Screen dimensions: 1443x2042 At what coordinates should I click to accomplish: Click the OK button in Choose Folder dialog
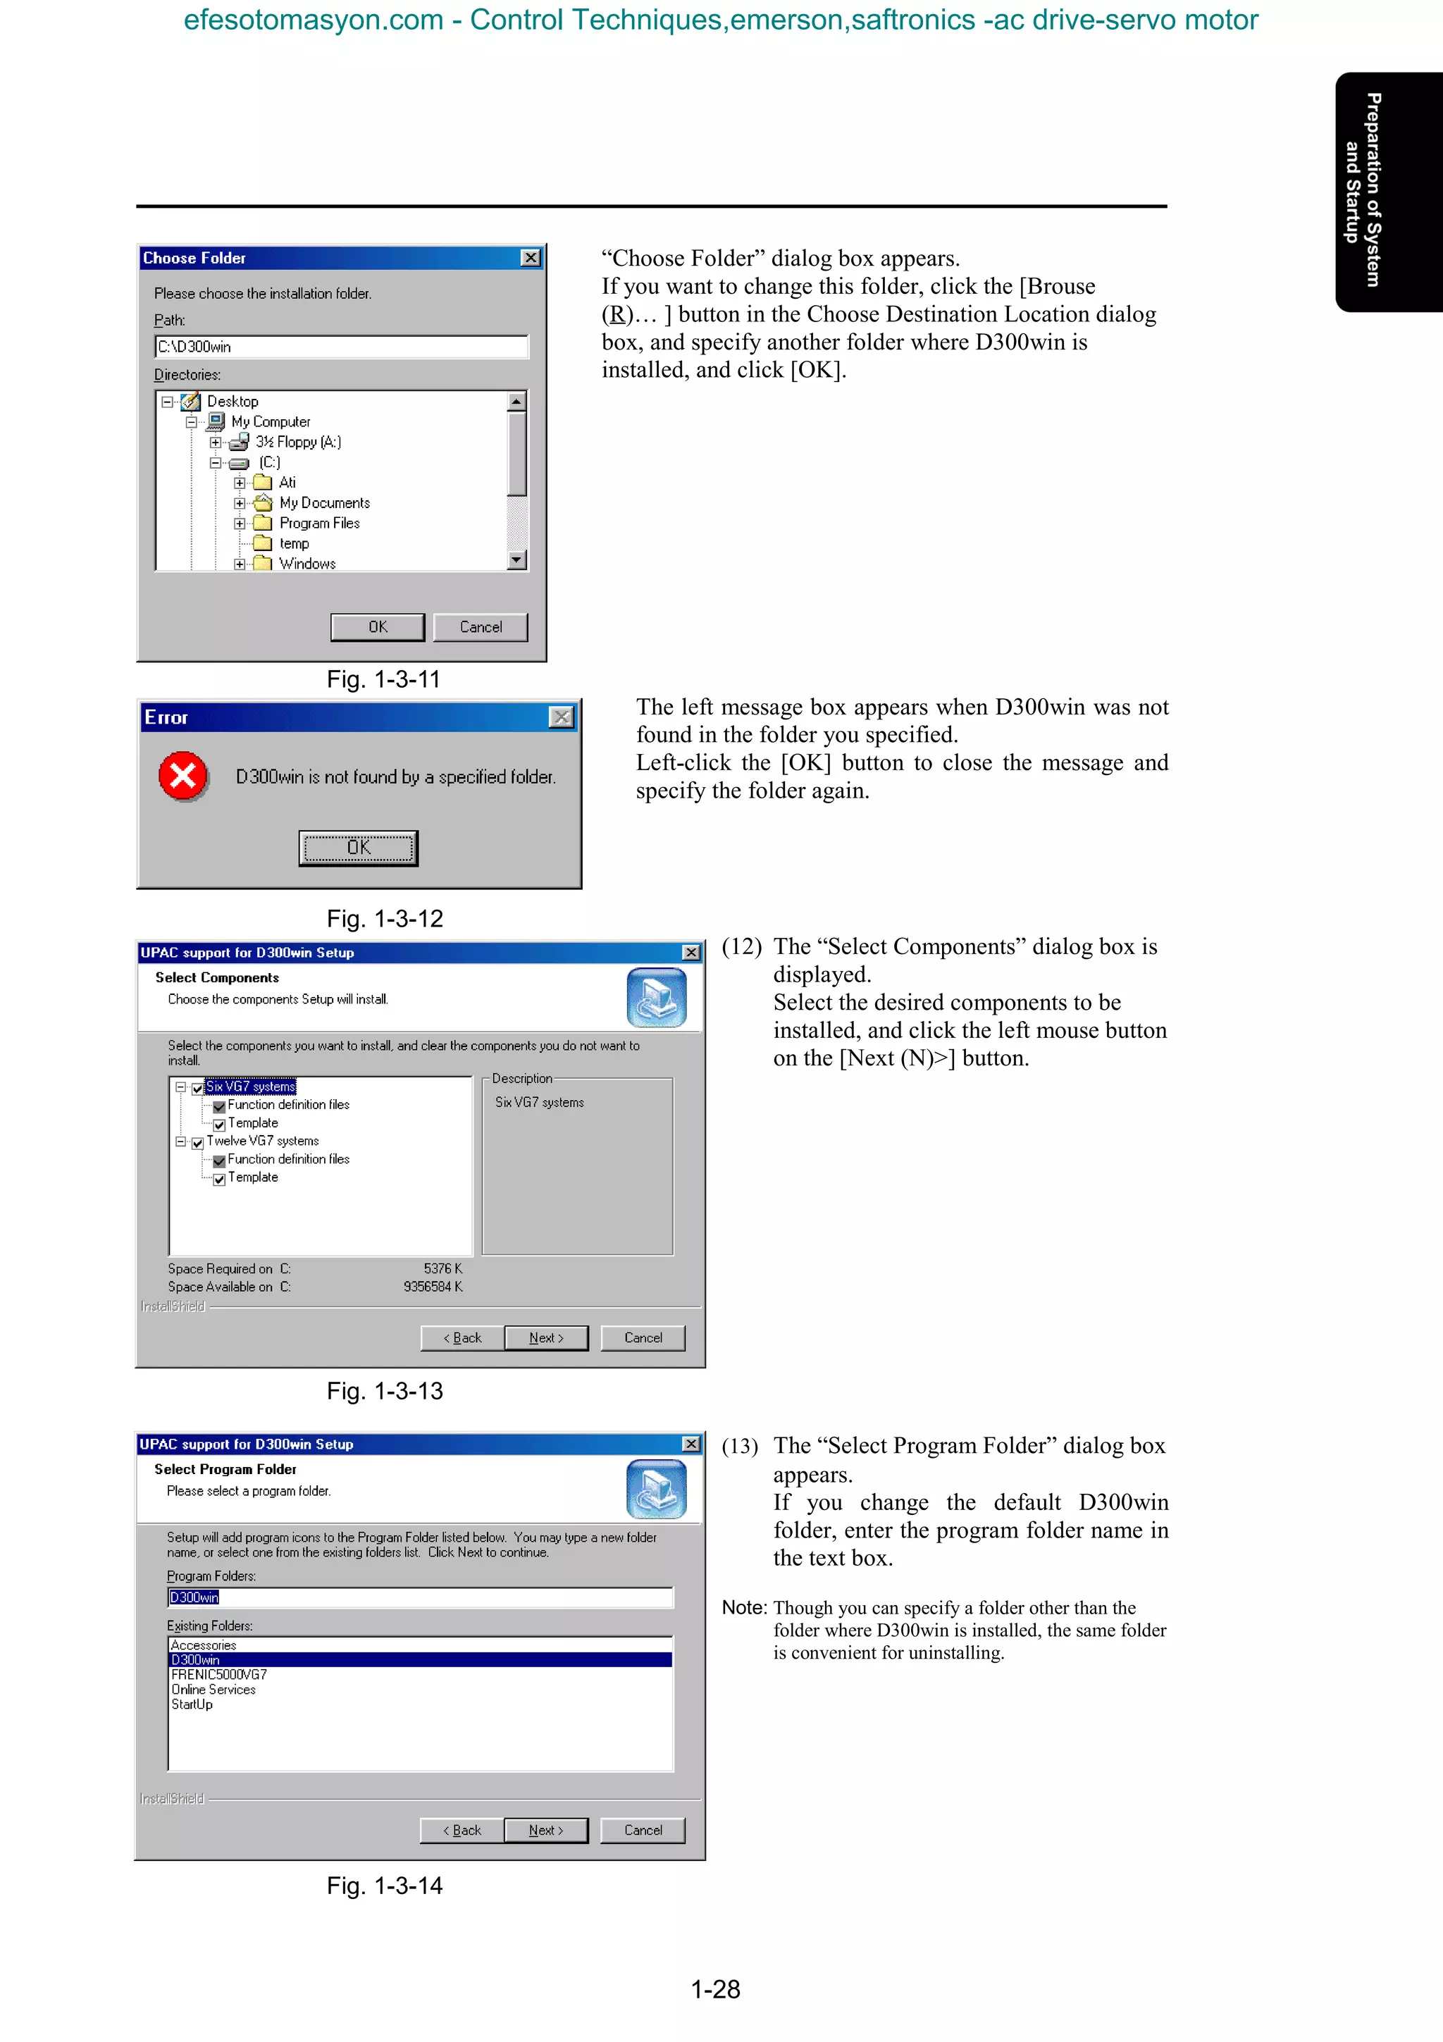click(x=377, y=627)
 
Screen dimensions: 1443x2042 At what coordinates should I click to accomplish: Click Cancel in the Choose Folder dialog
click(x=480, y=627)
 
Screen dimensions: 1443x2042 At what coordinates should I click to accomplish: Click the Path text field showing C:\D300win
click(x=342, y=347)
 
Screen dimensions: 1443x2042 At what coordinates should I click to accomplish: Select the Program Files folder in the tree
click(x=318, y=523)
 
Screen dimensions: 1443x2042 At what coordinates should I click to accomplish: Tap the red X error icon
click(x=183, y=776)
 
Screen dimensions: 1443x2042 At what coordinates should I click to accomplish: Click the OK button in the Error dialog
click(x=359, y=848)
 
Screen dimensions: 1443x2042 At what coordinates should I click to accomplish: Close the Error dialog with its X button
click(x=561, y=717)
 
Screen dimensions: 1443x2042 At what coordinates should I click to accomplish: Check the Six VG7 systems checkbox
click(x=197, y=1089)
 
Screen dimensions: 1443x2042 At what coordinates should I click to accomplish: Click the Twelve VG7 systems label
click(x=262, y=1141)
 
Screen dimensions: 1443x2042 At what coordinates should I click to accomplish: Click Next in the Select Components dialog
click(x=546, y=1337)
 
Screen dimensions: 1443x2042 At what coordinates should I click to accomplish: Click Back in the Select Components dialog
click(x=462, y=1337)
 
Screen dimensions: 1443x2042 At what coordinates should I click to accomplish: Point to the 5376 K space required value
click(x=442, y=1268)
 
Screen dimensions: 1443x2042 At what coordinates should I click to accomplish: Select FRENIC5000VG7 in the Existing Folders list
click(x=218, y=1675)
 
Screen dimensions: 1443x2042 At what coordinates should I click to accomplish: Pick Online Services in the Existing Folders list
click(x=213, y=1690)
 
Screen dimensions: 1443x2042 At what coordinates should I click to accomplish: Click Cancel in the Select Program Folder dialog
click(x=643, y=1831)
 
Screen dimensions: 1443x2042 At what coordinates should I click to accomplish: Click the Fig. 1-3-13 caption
click(x=384, y=1391)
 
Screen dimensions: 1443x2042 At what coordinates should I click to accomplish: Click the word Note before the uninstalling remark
click(x=743, y=1607)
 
